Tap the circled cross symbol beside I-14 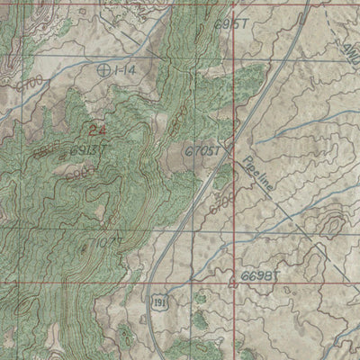tap(104, 69)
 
